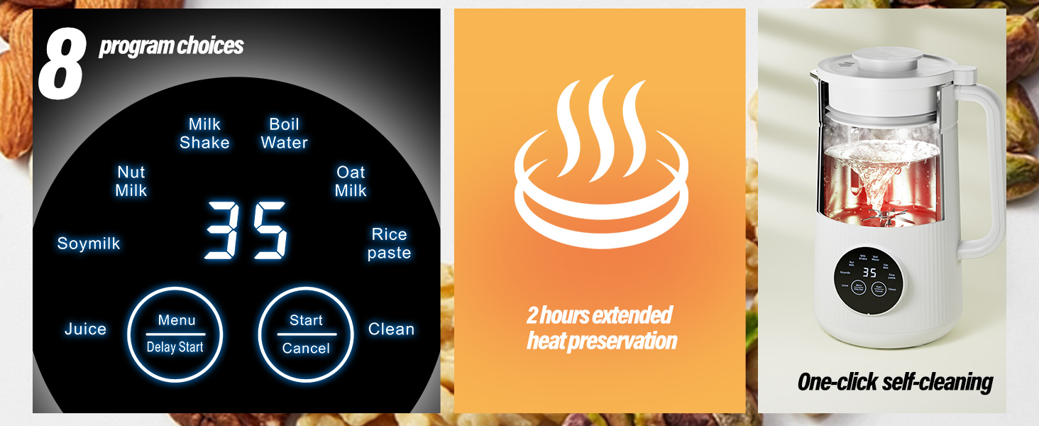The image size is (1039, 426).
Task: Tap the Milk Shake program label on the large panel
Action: pyautogui.click(x=204, y=133)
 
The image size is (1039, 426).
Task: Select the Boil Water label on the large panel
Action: pyautogui.click(x=284, y=133)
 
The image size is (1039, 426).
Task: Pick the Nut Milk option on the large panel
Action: pyautogui.click(x=131, y=181)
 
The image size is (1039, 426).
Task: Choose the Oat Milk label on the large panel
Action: pyautogui.click(x=351, y=181)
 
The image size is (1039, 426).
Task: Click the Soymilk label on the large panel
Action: pyautogui.click(x=89, y=244)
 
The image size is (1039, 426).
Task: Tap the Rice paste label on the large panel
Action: pyautogui.click(x=390, y=244)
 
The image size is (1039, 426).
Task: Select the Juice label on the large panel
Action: pyautogui.click(x=85, y=329)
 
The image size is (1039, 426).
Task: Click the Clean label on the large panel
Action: pyautogui.click(x=391, y=329)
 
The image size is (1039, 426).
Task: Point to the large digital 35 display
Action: pyautogui.click(x=246, y=231)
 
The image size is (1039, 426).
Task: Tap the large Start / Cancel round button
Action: pyautogui.click(x=306, y=334)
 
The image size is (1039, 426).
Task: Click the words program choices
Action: pyautogui.click(x=171, y=46)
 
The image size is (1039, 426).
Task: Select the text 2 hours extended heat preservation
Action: pyautogui.click(x=600, y=328)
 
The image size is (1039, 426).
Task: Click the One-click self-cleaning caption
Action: pyautogui.click(x=895, y=382)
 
